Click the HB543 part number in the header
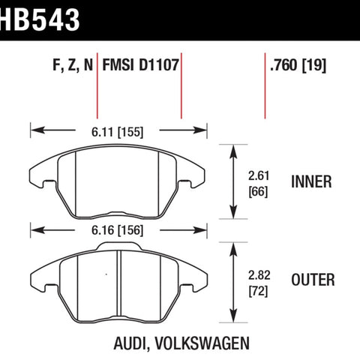click(40, 19)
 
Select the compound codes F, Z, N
click(73, 65)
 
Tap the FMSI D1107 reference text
click(141, 65)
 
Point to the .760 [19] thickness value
click(298, 65)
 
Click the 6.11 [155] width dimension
click(117, 132)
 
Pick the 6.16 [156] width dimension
click(117, 230)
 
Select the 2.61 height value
click(259, 176)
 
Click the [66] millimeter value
click(258, 192)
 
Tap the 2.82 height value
click(259, 275)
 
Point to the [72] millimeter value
click(258, 291)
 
